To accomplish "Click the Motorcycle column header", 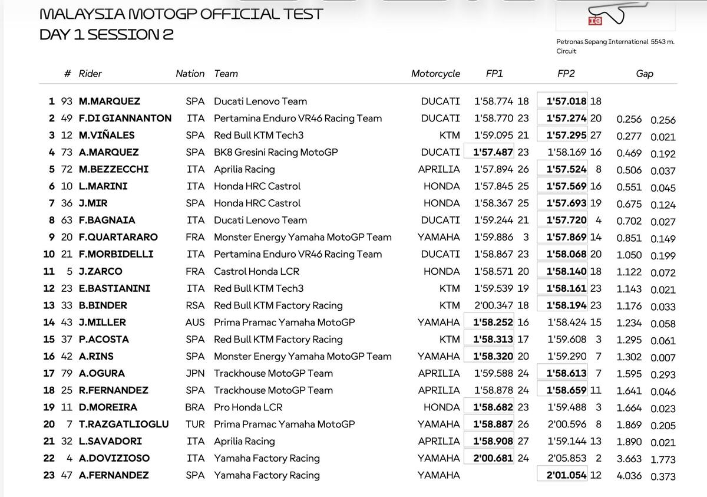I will tap(435, 74).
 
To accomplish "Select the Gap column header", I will tap(645, 74).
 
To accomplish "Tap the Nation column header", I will tap(190, 74).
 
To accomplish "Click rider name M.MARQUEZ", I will tap(109, 101).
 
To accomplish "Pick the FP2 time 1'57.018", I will tap(566, 101).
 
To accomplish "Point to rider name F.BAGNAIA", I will tap(107, 220).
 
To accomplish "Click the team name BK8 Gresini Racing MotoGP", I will tap(276, 152).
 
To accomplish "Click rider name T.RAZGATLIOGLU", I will tap(124, 424).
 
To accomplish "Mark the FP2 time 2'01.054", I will tap(566, 475).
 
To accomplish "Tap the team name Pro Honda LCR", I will tap(248, 407).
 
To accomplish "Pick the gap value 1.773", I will tap(663, 459).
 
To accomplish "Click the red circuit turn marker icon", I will tap(595, 21).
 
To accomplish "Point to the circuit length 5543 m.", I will tap(663, 42).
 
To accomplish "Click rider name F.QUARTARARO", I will tap(118, 238).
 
